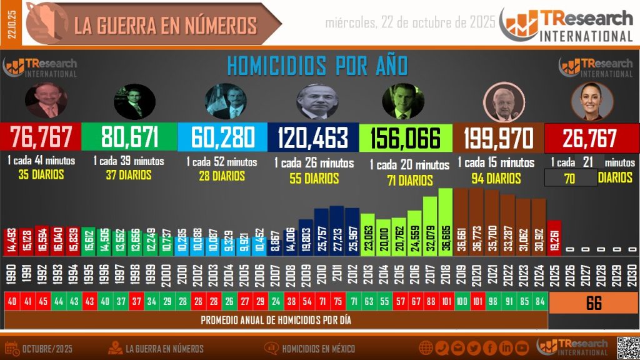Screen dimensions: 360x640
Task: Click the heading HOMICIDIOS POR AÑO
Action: [x=317, y=66]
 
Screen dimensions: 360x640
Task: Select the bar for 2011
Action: [x=337, y=229]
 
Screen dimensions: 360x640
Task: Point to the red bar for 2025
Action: [x=554, y=237]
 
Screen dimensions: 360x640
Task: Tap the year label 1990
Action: [x=11, y=272]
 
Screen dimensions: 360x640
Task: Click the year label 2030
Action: [x=631, y=272]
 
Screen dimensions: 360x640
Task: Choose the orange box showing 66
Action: [x=594, y=304]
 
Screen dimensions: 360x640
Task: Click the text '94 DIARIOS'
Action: [x=496, y=179]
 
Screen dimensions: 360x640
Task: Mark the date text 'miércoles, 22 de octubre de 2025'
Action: [x=411, y=22]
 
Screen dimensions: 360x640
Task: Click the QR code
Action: [x=628, y=347]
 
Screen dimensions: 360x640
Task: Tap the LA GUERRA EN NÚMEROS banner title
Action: [x=166, y=25]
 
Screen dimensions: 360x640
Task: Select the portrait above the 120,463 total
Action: [x=316, y=102]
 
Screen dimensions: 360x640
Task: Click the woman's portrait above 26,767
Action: [x=591, y=102]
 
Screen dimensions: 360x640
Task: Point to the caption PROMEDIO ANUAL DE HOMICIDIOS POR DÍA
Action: [x=276, y=321]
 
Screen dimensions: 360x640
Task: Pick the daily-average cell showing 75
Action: [x=337, y=301]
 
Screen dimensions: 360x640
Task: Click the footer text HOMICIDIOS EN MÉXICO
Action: [x=319, y=348]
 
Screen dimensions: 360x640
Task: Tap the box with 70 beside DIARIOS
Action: [x=571, y=178]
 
